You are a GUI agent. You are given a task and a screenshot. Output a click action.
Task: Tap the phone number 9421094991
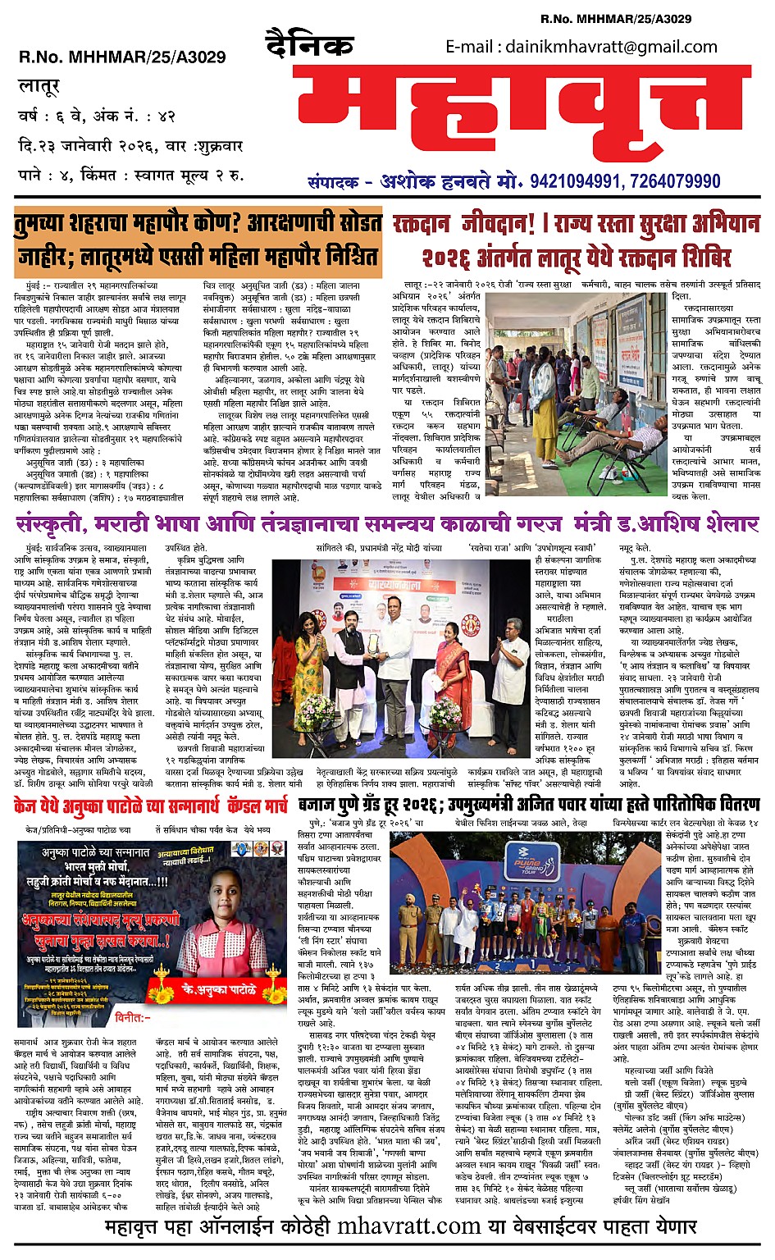point(583,181)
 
